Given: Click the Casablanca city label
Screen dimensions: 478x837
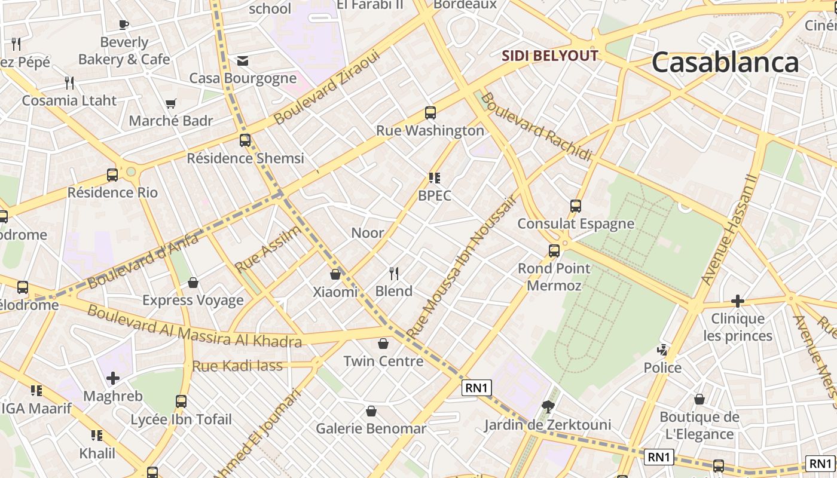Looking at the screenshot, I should (725, 62).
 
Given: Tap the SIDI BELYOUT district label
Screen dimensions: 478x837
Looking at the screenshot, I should (549, 56).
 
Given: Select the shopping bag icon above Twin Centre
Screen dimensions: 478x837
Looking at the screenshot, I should (383, 344).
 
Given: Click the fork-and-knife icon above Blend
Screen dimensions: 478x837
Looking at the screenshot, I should (394, 274).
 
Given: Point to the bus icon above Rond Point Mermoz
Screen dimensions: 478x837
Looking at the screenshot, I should (554, 251).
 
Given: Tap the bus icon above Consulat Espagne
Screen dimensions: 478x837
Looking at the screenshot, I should (576, 206).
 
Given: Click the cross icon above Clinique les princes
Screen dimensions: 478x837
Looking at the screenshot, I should (738, 301).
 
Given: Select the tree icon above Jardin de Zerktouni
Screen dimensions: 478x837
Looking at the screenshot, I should (547, 407).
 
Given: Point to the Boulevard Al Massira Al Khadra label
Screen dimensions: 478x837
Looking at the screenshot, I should (194, 326).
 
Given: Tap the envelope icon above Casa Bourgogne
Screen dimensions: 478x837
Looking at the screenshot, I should (243, 60).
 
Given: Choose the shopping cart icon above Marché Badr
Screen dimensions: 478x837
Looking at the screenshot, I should (171, 103).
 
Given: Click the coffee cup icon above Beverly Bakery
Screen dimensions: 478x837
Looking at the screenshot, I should (124, 24).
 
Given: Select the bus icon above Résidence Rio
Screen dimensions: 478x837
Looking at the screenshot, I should (112, 175).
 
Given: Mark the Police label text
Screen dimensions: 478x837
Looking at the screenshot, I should (662, 367).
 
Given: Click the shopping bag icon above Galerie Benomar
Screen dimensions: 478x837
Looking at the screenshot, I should (371, 411).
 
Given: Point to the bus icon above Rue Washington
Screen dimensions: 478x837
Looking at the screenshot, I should (430, 112).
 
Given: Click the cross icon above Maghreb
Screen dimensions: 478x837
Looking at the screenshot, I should (113, 378).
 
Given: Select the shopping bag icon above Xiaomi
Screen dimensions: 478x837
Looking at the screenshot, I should (335, 274).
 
